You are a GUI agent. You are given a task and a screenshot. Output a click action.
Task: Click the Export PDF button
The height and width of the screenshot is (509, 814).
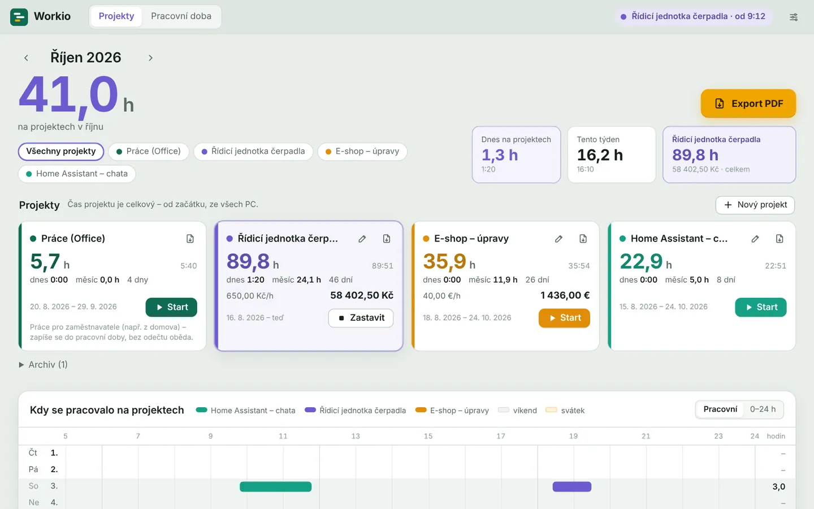(748, 103)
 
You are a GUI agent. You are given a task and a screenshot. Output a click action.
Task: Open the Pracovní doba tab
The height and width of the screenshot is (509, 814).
(181, 16)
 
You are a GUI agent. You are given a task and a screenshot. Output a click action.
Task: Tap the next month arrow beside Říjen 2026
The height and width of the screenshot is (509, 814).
(150, 58)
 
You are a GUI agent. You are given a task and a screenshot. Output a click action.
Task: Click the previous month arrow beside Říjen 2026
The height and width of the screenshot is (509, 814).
(26, 58)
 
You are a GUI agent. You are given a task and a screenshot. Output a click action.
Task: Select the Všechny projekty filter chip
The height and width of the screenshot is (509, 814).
(61, 151)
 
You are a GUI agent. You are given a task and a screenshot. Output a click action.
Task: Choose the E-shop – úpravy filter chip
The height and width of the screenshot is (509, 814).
(362, 151)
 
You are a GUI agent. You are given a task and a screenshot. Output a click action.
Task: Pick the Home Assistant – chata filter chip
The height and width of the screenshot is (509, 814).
(77, 174)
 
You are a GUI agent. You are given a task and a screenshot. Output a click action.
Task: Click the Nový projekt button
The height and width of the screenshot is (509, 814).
(755, 205)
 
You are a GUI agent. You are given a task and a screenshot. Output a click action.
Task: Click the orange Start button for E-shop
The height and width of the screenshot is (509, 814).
(564, 318)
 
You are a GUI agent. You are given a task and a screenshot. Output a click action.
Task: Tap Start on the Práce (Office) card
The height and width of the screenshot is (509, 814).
(171, 307)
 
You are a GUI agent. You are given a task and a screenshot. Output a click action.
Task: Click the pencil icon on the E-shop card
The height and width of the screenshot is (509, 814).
(558, 239)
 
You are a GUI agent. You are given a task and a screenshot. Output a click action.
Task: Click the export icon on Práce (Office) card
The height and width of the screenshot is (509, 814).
(190, 239)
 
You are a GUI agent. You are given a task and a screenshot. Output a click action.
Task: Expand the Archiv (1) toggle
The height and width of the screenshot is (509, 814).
(43, 365)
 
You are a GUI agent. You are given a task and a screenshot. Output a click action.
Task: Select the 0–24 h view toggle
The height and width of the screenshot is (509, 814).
(763, 409)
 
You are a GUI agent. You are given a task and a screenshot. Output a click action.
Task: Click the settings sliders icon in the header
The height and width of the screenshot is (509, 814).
(794, 17)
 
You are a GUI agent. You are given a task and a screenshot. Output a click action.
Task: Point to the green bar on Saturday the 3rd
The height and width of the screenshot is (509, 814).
(275, 486)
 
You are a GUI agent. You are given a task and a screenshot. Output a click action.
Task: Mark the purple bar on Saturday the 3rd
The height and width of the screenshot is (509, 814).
(572, 486)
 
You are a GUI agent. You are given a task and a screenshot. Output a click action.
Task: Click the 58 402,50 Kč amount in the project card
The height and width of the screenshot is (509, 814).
(362, 295)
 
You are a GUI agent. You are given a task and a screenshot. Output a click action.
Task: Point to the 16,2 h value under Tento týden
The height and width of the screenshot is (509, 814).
(600, 155)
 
